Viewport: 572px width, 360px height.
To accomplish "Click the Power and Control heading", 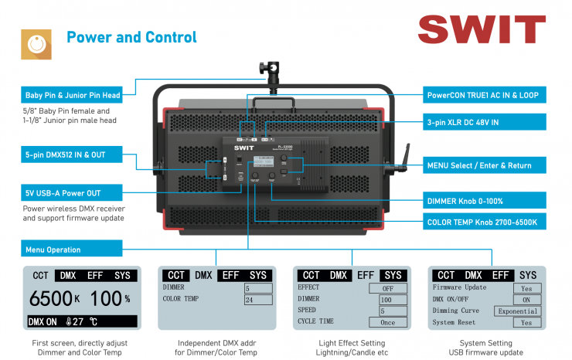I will tap(131, 37).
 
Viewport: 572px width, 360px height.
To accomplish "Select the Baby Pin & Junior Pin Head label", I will tap(73, 96).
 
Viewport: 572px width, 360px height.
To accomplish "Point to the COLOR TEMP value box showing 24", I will tap(258, 300).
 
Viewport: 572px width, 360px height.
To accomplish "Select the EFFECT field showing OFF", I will tap(393, 287).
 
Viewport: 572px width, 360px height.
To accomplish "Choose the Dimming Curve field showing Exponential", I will tap(517, 311).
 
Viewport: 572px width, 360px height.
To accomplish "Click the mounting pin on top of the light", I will tap(275, 73).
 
